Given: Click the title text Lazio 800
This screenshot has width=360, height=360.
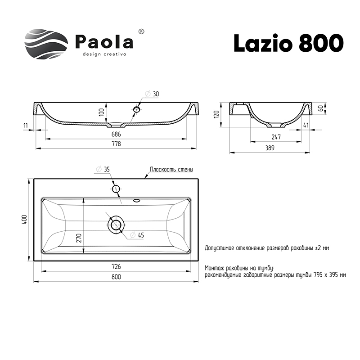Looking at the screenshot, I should [288, 43].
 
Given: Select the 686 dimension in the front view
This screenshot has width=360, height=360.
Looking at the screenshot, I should [117, 135].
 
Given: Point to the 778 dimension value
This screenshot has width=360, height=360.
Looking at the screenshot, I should [117, 144].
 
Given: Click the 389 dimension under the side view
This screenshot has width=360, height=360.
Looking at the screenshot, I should [270, 148].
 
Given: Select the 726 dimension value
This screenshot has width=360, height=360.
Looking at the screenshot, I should [117, 266].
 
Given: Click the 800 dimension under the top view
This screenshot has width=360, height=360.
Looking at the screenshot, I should [117, 278].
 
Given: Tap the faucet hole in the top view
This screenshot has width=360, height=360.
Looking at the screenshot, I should [116, 189].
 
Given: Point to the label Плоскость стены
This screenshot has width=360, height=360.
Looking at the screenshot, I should [171, 170].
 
